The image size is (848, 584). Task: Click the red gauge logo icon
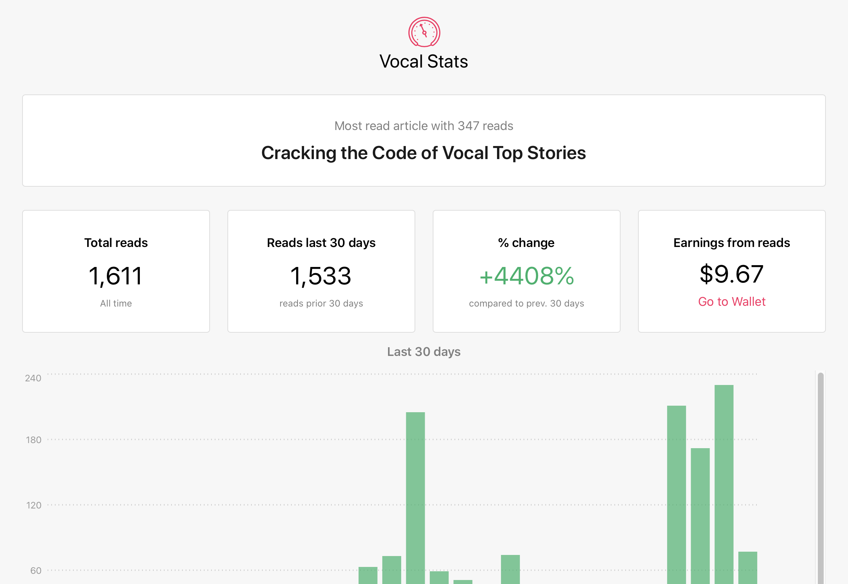click(x=424, y=32)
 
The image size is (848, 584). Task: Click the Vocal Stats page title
click(x=424, y=61)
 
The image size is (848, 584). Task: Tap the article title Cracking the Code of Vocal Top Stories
click(x=424, y=153)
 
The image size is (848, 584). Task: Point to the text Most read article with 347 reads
click(x=424, y=126)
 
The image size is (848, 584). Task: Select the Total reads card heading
click(x=116, y=243)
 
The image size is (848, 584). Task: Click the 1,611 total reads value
click(x=116, y=276)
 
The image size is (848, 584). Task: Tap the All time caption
click(x=116, y=303)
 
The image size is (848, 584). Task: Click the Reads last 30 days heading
click(x=321, y=243)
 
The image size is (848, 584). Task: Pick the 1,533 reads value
click(x=321, y=276)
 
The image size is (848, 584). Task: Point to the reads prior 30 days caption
click(x=321, y=304)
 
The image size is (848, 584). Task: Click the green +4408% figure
click(x=527, y=276)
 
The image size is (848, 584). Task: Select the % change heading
click(x=526, y=243)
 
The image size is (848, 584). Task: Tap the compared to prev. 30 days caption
click(x=527, y=304)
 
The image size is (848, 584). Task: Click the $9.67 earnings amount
click(x=732, y=274)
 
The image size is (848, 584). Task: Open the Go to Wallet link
click(x=732, y=301)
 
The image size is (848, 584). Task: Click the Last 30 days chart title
click(x=424, y=352)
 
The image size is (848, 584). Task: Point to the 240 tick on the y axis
click(x=33, y=378)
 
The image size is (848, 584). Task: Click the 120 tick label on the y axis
click(x=34, y=505)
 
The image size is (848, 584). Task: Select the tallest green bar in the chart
click(x=724, y=484)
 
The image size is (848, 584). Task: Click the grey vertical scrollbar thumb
click(x=820, y=478)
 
